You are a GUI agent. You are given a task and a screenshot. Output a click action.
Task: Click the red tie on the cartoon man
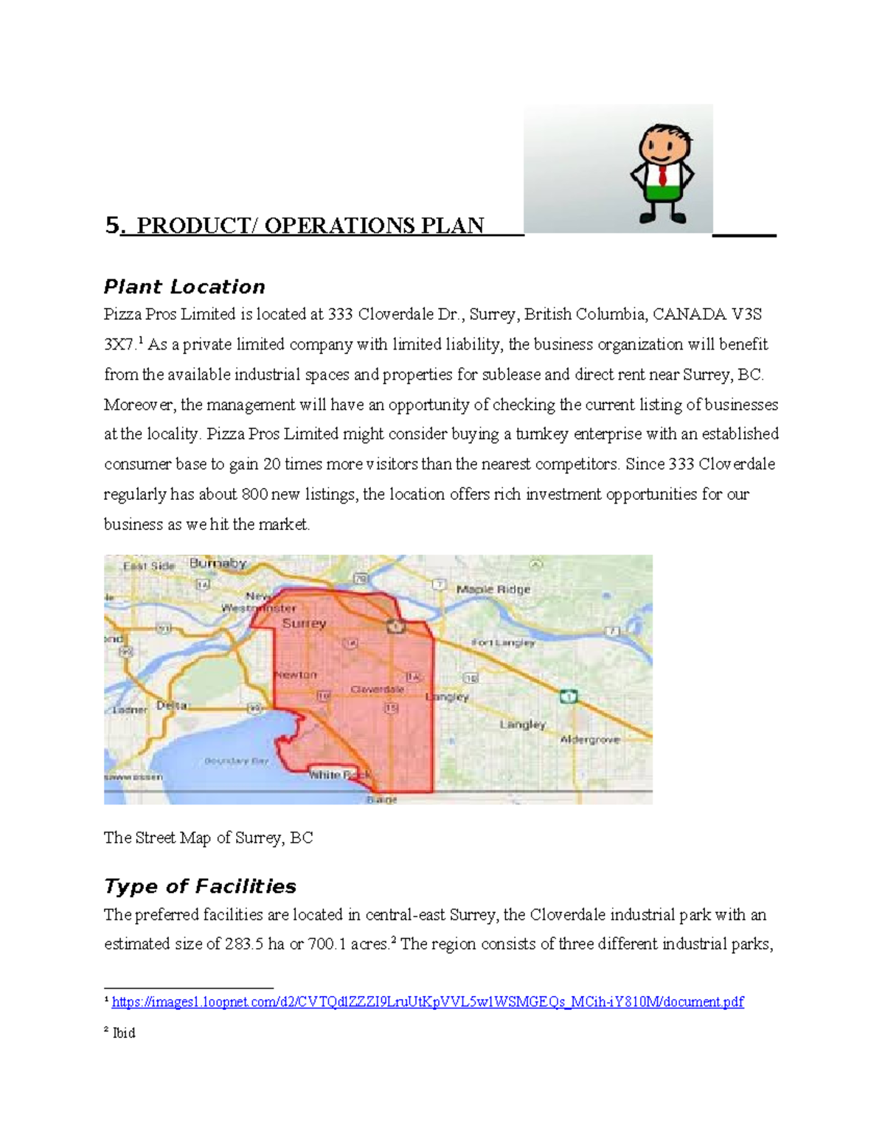(x=663, y=176)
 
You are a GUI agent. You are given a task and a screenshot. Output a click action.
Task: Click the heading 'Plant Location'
(x=184, y=287)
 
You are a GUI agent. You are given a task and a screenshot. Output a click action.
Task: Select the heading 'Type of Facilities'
(x=200, y=886)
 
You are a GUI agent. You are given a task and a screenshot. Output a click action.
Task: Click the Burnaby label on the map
(x=218, y=563)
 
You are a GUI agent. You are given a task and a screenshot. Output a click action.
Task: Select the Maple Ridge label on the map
(x=493, y=589)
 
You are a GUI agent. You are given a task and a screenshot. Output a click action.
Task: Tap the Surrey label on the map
(x=304, y=624)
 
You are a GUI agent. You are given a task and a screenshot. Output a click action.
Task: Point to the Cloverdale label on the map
(x=377, y=689)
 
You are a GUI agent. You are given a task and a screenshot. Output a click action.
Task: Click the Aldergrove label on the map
(x=590, y=739)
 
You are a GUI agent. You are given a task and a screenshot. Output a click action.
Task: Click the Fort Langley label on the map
(x=503, y=643)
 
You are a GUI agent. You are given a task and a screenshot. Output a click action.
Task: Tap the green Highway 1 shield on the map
(x=568, y=696)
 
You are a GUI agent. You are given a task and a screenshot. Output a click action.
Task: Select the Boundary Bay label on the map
(x=237, y=761)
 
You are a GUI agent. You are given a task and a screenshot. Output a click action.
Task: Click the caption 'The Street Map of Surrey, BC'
(x=208, y=838)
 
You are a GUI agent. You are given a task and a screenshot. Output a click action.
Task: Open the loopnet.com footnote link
(x=427, y=1002)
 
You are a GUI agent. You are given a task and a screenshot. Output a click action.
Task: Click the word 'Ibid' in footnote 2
(x=124, y=1033)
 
